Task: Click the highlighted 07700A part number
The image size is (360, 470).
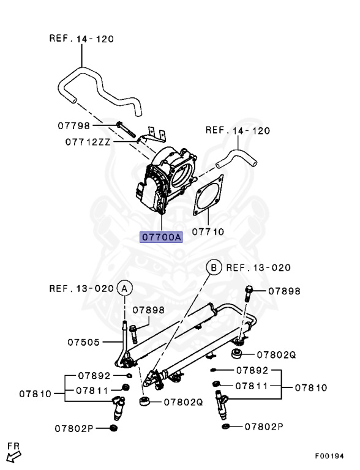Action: click(162, 237)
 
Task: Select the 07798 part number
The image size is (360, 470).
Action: click(73, 125)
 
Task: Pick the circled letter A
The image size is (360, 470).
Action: click(124, 287)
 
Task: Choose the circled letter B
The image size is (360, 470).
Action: click(214, 267)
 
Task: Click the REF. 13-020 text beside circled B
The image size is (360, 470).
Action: click(258, 267)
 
